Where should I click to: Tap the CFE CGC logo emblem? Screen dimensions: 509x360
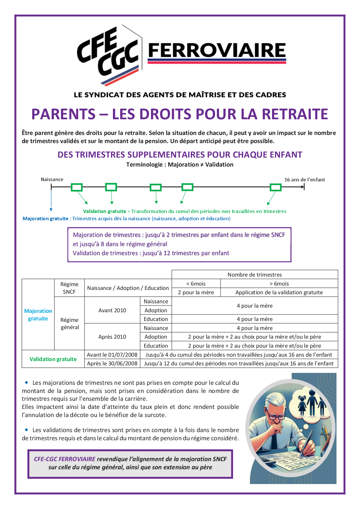[109, 55]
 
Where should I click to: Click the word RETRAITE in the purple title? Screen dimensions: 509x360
[295, 114]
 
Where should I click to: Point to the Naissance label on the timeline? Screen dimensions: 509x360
[52, 179]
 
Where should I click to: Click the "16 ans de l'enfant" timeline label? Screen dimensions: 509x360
[305, 180]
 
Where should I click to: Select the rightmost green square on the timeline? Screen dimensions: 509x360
[276, 187]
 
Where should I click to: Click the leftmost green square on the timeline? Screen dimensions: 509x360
[77, 187]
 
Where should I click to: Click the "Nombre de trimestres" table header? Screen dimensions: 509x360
[255, 275]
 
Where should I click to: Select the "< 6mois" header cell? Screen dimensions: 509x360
[196, 284]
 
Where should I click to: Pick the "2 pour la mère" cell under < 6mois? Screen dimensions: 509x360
[196, 292]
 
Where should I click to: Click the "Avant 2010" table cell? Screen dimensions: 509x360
[112, 310]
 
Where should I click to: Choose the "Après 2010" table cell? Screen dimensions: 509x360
[112, 337]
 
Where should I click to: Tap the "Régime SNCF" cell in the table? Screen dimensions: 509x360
[69, 288]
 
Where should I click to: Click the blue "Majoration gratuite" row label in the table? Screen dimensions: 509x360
[38, 315]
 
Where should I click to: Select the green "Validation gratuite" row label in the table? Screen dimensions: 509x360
[53, 359]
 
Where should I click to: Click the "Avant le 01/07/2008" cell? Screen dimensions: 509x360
[112, 355]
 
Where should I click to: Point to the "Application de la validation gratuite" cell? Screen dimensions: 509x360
[279, 292]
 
